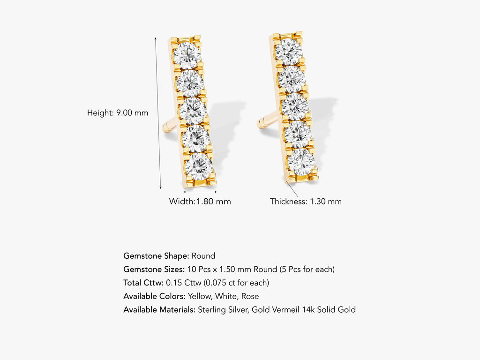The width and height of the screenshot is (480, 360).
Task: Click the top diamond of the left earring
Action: pos(187,55)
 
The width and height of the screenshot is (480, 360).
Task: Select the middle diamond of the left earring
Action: pos(193,111)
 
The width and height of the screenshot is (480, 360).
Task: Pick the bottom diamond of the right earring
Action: pos(301,162)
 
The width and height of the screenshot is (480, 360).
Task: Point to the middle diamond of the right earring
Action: pos(295,107)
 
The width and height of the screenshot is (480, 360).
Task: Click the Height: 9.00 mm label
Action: pos(118,113)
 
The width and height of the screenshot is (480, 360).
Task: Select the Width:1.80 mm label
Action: pos(200,202)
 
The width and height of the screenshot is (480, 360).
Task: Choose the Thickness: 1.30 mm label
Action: pos(306,202)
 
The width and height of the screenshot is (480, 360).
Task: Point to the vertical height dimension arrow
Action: pos(158,113)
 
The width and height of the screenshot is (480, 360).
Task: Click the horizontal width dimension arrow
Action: pos(200,191)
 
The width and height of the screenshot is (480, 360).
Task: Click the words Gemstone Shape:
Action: pos(156,256)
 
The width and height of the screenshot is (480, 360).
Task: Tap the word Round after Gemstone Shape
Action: pos(203,256)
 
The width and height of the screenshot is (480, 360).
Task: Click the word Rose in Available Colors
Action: pos(251,296)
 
